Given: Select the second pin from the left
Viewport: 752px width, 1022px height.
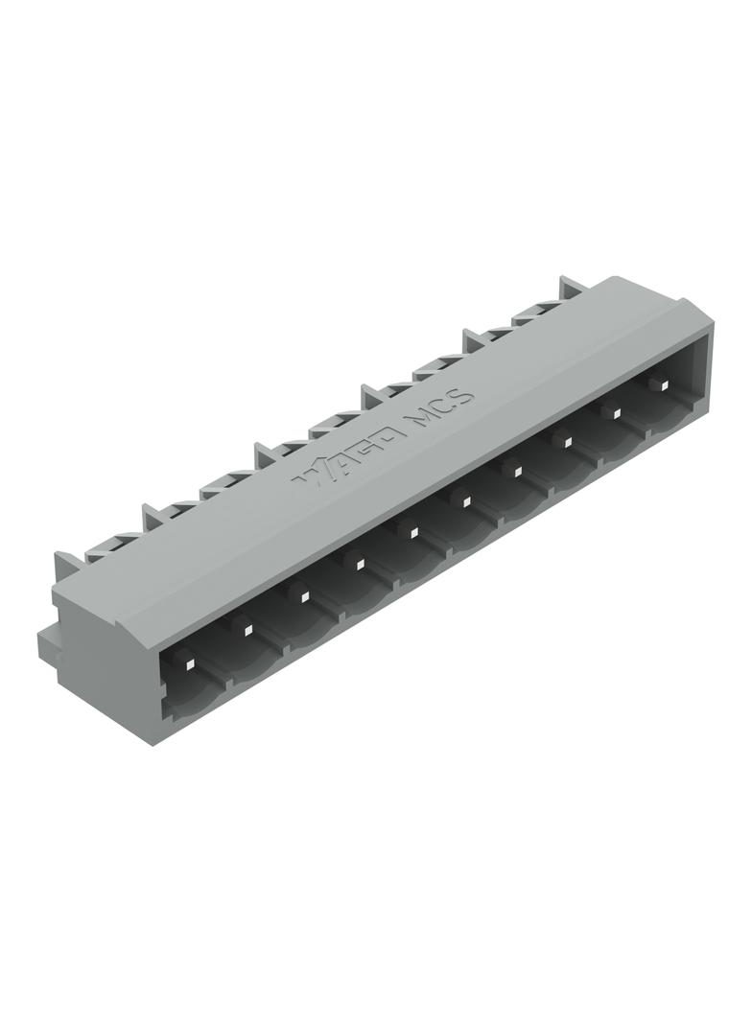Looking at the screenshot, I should [247, 630].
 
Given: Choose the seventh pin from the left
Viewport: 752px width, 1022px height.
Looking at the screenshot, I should [515, 470].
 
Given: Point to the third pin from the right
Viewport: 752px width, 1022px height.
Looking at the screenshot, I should [566, 441].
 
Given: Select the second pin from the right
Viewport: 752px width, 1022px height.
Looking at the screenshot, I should [617, 412].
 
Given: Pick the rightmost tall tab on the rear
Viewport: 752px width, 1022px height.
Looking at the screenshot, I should [572, 288].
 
